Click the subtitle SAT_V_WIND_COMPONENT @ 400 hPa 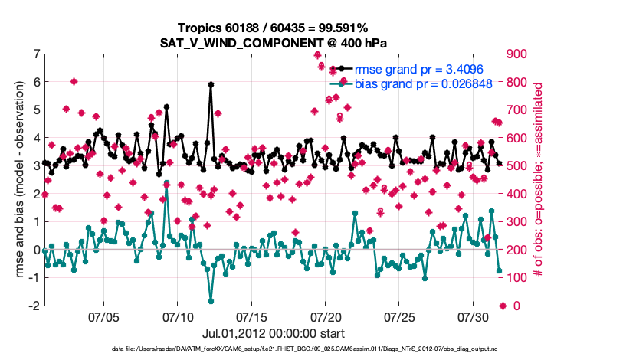point(273,41)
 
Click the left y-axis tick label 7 point(36,54)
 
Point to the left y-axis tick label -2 point(34,306)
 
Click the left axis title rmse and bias point(18,180)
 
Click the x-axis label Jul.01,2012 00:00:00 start point(273,334)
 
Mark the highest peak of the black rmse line point(211,85)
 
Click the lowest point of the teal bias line point(211,301)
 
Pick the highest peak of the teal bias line point(166,183)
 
